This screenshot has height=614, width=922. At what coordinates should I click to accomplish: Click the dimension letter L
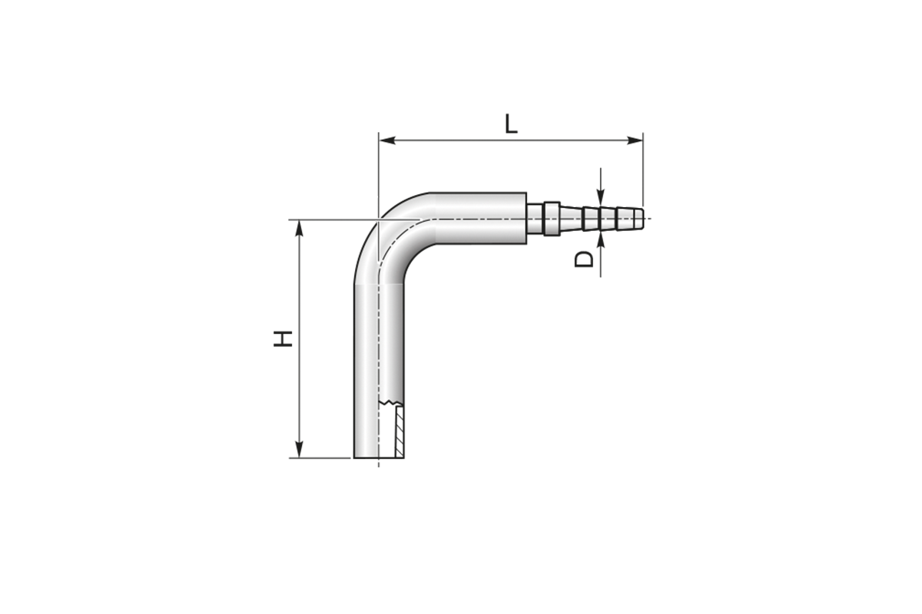(511, 124)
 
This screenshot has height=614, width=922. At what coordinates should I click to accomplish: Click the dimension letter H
(283, 338)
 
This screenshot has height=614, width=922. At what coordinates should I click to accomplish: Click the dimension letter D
(584, 259)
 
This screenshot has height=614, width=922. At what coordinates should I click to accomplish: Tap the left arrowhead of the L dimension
(387, 140)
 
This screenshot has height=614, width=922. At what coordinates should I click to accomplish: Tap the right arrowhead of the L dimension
(635, 140)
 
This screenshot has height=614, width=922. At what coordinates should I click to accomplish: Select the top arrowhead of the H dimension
(299, 228)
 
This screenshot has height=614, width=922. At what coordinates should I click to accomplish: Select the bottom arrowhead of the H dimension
(299, 449)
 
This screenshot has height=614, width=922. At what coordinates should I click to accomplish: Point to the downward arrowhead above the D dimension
(601, 196)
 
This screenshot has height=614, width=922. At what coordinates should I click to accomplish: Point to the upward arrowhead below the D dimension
(601, 239)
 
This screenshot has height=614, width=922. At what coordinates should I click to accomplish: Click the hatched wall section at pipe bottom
(400, 432)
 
